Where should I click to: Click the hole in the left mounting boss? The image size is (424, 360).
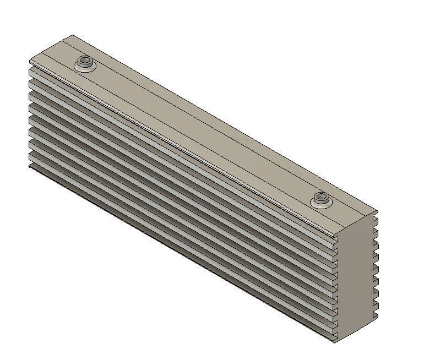(85, 60)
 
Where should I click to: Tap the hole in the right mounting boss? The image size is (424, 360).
(320, 197)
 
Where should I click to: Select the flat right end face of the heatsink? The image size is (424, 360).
(356, 275)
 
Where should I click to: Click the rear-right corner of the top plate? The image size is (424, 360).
(378, 210)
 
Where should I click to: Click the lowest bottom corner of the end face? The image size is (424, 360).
(335, 341)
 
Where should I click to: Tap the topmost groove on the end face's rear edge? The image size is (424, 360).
(375, 220)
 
